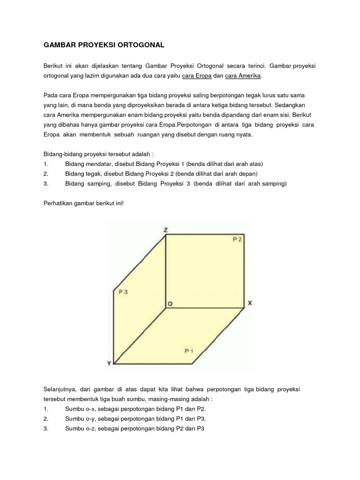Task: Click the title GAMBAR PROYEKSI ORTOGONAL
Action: [x=104, y=45]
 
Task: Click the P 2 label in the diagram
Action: [x=237, y=240]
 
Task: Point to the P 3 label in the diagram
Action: [x=123, y=292]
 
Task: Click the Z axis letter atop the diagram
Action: [x=166, y=230]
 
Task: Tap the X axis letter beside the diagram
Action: [x=250, y=303]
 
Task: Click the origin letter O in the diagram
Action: [x=170, y=304]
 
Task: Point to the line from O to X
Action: [x=206, y=308]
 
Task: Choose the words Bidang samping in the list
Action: [x=87, y=184]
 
